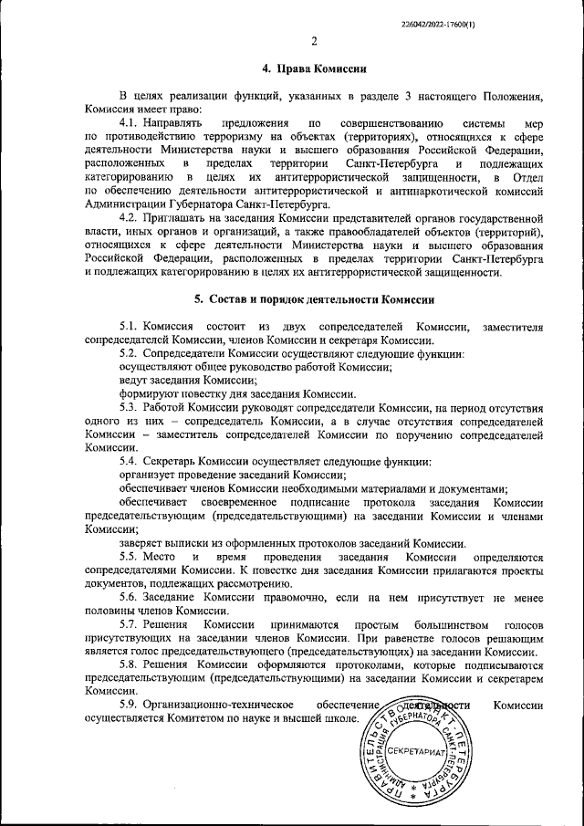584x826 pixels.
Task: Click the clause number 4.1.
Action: coord(129,121)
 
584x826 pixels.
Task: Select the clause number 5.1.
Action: coord(129,327)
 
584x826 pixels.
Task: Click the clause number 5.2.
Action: coord(129,352)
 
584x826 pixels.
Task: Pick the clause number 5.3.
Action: coord(129,405)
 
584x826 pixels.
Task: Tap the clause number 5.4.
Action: coord(129,461)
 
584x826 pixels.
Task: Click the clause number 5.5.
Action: coord(129,557)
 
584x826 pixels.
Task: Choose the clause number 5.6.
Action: coord(129,597)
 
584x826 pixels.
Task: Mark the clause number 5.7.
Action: coord(129,623)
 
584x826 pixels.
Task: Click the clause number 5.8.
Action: coord(129,665)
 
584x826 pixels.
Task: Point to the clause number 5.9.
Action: coord(129,706)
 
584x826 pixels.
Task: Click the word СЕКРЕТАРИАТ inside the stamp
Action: coord(414,751)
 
